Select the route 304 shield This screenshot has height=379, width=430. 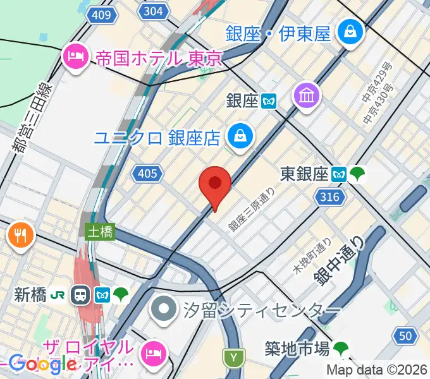(153, 11)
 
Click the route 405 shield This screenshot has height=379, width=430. (147, 173)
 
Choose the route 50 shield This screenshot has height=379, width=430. (405, 335)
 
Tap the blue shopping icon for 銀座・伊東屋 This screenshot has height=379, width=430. (348, 32)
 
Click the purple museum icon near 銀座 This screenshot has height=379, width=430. (308, 96)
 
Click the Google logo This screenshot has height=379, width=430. (42, 364)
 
